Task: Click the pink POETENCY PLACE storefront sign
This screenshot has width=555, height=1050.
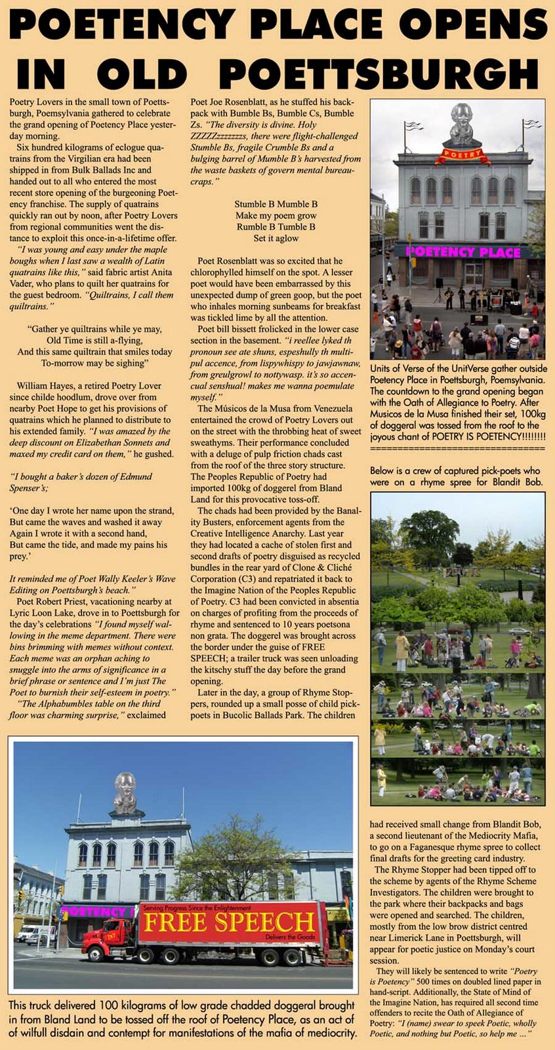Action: pyautogui.click(x=463, y=252)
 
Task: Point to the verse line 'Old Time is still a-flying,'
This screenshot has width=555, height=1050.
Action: pyautogui.click(x=94, y=341)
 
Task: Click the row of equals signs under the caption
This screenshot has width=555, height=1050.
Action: pyautogui.click(x=457, y=448)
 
